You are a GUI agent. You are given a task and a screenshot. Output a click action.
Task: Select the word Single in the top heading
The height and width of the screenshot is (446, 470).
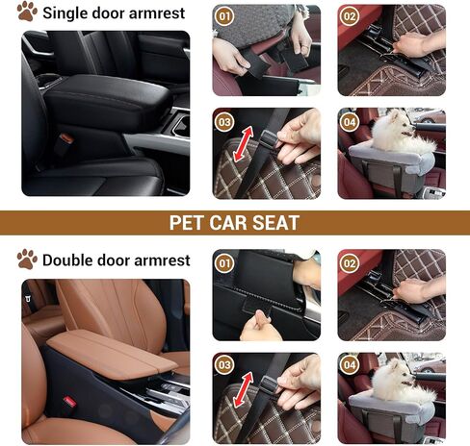[x=68, y=14]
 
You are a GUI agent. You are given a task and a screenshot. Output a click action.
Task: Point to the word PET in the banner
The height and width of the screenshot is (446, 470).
[x=191, y=223]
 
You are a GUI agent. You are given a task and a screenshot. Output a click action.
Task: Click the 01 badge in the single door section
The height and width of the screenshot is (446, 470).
[x=224, y=17]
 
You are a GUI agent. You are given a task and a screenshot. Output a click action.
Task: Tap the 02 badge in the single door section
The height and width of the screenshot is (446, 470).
[x=349, y=17]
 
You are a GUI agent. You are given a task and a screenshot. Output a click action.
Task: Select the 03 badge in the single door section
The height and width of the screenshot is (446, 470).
[x=224, y=121]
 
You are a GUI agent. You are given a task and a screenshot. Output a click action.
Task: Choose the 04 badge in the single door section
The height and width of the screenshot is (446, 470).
[x=349, y=121]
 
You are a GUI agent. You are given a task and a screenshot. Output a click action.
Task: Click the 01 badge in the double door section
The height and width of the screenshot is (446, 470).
[x=224, y=263]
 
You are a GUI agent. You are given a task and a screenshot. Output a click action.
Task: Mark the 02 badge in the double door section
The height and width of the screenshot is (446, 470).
[x=349, y=263]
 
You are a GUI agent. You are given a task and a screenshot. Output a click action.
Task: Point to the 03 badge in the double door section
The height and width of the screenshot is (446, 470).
[x=224, y=366]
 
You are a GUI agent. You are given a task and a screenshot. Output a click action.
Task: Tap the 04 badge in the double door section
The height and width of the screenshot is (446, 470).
[x=349, y=366]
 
